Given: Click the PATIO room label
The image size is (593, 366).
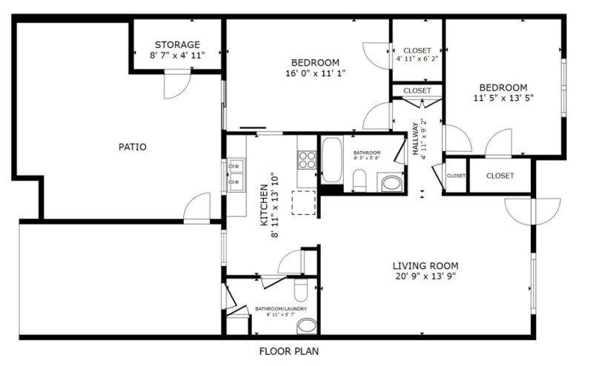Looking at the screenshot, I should (133, 147).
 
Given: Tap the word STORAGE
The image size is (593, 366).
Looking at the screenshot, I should (177, 44).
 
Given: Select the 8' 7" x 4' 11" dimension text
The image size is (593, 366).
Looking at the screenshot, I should (177, 55).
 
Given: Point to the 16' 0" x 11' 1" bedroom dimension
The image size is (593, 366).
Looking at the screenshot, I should (315, 73).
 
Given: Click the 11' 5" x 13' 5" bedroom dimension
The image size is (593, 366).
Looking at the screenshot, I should (503, 97).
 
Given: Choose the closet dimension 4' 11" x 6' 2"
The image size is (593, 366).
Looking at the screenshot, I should (417, 59).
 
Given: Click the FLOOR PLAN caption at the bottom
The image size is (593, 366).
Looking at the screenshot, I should (289, 351).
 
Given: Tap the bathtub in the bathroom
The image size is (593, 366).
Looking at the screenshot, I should (331, 159).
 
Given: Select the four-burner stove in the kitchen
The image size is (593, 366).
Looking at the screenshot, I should (307, 159).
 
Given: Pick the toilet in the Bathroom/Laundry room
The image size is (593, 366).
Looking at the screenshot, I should (300, 289).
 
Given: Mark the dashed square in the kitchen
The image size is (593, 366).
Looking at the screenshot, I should (304, 202).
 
